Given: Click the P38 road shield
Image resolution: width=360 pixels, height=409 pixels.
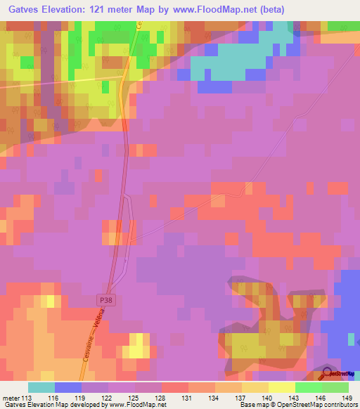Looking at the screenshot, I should (104, 299).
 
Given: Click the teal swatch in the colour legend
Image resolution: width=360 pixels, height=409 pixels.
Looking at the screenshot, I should (41, 387).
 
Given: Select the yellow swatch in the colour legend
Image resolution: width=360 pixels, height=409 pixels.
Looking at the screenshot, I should (281, 387).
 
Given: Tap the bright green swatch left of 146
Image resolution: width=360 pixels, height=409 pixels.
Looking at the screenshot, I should (308, 387).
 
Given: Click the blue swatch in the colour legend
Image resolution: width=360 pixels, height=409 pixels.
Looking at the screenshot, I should (67, 387).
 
